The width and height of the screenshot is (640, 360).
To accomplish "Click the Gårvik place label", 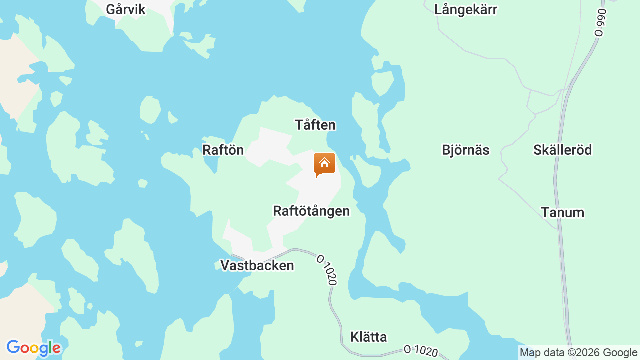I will [126, 9].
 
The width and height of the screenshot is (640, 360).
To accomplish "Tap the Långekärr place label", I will [466, 9].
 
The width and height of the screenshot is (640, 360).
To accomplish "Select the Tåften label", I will [315, 125].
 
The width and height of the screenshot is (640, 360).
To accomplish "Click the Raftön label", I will [223, 150].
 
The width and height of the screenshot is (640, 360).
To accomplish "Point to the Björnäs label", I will [466, 150].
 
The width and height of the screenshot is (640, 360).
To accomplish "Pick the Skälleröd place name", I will [563, 150].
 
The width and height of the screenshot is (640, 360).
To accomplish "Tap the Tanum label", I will [563, 212].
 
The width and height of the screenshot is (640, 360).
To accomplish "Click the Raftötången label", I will [311, 211].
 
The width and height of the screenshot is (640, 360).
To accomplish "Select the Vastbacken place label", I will [257, 265].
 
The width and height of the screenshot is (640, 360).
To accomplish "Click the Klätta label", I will [369, 337].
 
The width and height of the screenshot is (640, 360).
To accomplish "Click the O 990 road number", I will [600, 22].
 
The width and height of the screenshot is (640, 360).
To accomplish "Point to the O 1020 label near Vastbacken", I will [326, 270].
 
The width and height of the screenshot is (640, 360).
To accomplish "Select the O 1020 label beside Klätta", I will [421, 351].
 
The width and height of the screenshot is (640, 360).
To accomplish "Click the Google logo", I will [33, 348].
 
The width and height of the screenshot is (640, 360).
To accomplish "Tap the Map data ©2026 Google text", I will [578, 353].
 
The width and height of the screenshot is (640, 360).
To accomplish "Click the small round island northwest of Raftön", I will [150, 110].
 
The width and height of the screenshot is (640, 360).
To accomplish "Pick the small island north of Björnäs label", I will [383, 82].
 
